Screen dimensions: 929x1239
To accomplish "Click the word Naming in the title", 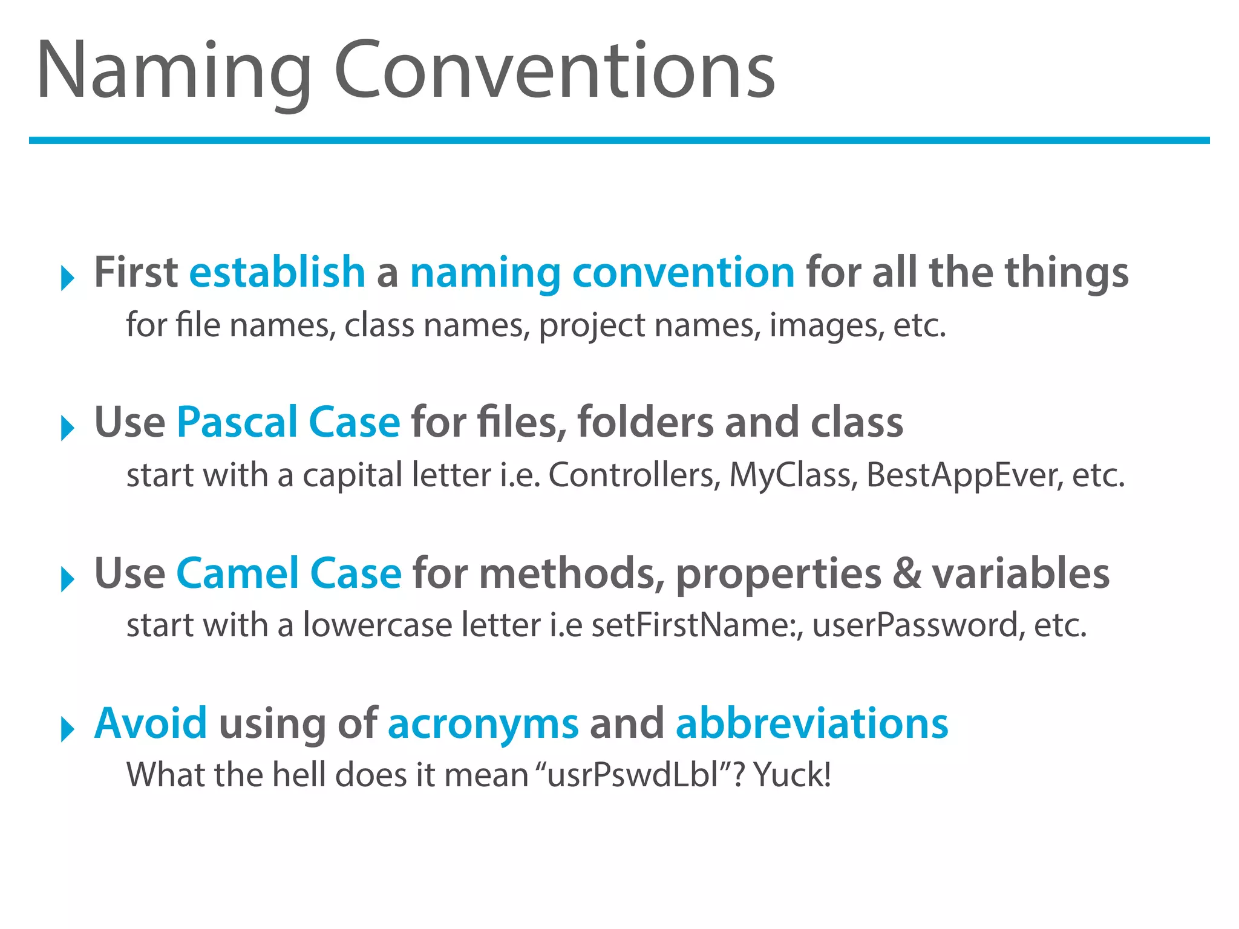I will click(174, 71).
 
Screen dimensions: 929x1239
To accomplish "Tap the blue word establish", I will click(277, 273).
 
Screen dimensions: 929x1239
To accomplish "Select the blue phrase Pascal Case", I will click(288, 423).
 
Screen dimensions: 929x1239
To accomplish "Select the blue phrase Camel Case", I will click(289, 573).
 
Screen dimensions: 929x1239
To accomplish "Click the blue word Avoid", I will click(151, 723).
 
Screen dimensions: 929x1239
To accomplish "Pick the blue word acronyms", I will click(483, 725).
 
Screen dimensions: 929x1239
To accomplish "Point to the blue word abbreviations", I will click(811, 723).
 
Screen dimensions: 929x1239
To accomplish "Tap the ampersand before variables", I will click(906, 574).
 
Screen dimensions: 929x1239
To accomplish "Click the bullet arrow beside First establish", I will click(67, 279).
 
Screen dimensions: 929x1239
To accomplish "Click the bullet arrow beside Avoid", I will click(67, 729).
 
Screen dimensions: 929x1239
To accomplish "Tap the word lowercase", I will click(377, 625).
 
